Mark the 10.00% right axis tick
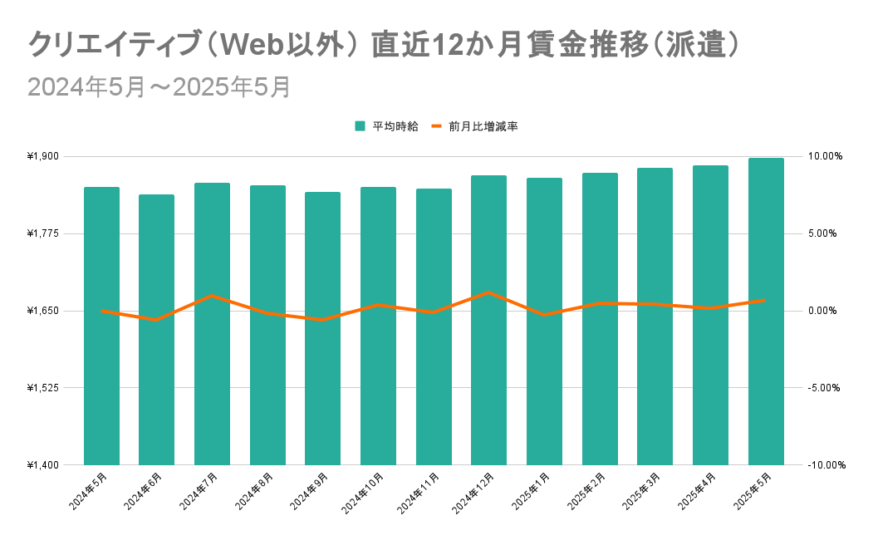(824, 156)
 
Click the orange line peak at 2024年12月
(488, 292)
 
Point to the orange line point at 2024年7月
(212, 296)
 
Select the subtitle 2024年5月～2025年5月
(159, 87)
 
